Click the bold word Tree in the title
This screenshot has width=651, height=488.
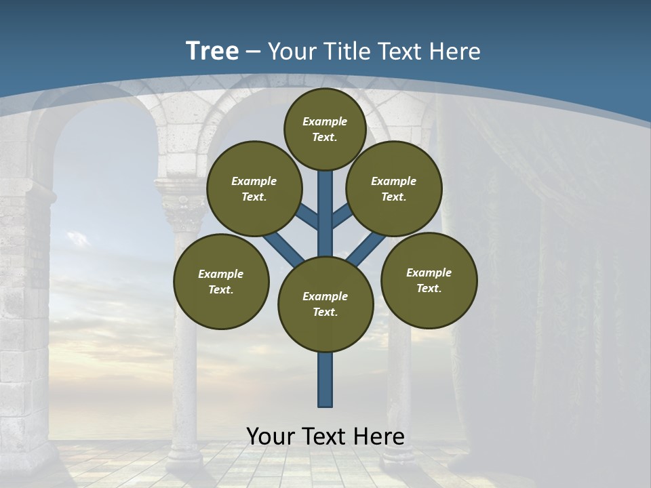pos(212,51)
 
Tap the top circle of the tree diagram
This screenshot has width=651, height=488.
pos(325,129)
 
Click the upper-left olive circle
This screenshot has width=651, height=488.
pos(254,188)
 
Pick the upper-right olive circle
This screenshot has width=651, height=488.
pos(394,188)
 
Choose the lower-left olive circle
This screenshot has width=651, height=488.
pos(221,281)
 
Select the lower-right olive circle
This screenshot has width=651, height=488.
pos(429,280)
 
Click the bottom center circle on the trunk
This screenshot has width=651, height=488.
pos(325,304)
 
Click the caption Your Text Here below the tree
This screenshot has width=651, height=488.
pos(325,436)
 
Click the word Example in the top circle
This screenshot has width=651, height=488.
pos(325,122)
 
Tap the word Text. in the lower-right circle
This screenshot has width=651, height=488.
pos(429,288)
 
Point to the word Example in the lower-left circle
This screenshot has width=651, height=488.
pos(221,274)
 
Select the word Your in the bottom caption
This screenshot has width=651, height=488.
pos(270,436)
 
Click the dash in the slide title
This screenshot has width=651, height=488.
pos(254,52)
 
